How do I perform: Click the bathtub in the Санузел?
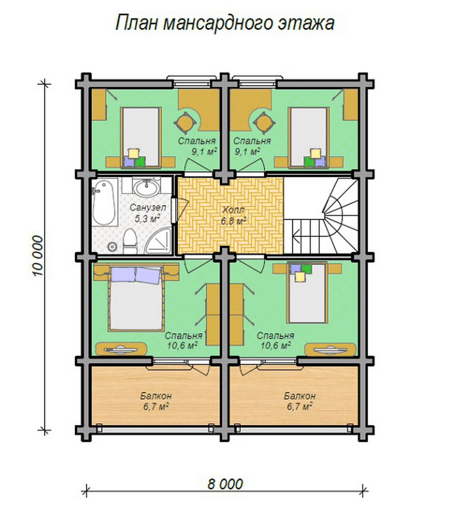coord(103,204)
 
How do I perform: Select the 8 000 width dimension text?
coord(225,484)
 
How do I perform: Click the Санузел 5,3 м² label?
coord(148,213)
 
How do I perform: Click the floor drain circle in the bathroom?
coord(112,246)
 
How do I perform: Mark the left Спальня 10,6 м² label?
coord(184,340)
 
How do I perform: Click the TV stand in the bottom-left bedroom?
coord(121,349)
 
